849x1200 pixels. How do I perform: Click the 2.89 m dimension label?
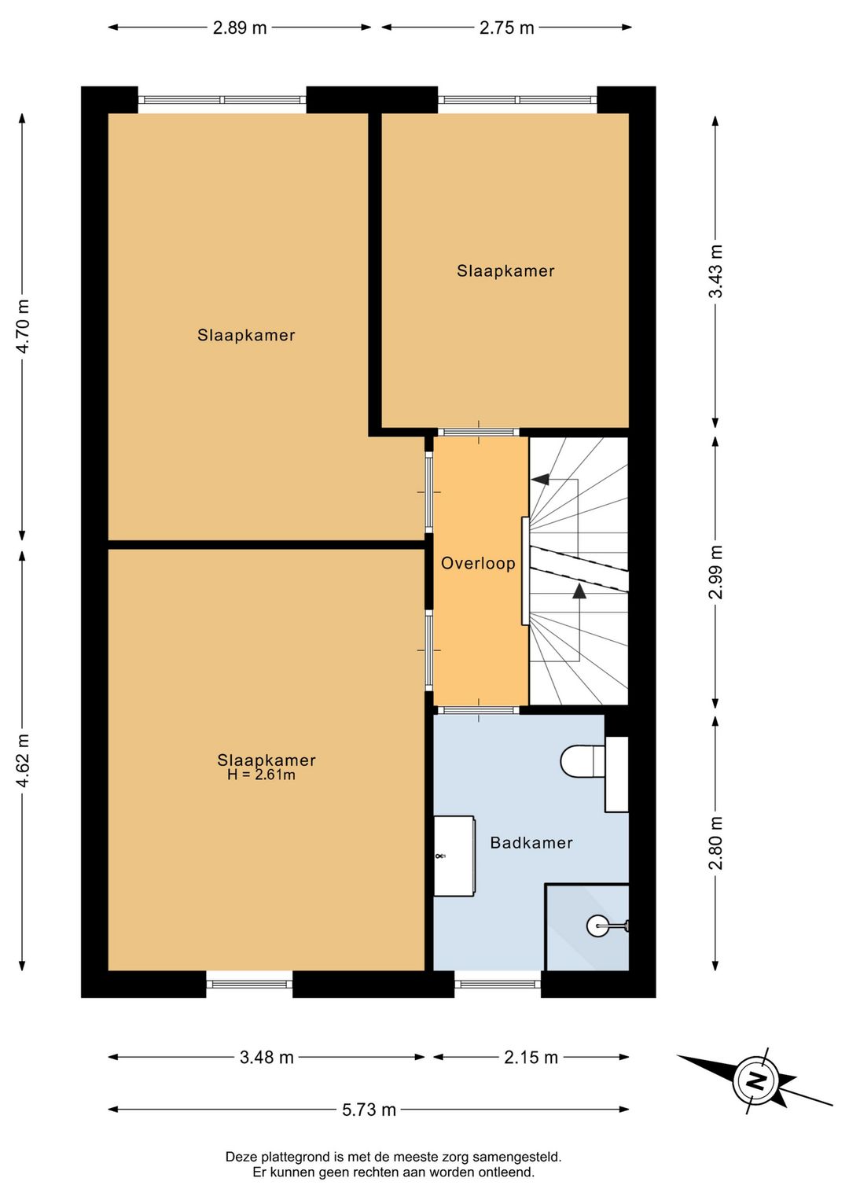click(x=240, y=28)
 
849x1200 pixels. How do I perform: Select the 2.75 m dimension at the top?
click(x=506, y=28)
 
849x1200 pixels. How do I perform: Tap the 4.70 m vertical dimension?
click(x=23, y=326)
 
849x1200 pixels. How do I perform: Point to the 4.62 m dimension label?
click(x=23, y=760)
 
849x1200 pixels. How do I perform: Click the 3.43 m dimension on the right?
click(x=715, y=271)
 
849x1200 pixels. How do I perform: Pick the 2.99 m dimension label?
click(x=715, y=572)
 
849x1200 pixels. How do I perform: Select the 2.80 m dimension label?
click(x=715, y=843)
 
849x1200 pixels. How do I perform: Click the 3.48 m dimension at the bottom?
click(x=266, y=1058)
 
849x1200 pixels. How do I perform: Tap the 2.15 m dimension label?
click(x=531, y=1058)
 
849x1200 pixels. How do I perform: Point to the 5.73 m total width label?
click(x=369, y=1110)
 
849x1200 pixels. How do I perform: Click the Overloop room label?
click(x=478, y=564)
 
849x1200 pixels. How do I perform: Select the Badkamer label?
click(x=531, y=843)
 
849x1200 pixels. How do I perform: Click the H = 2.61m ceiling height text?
click(x=261, y=775)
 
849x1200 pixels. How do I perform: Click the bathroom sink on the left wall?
click(x=454, y=856)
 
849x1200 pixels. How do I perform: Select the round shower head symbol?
click(x=597, y=926)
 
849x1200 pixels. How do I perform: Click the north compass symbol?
click(x=755, y=1080)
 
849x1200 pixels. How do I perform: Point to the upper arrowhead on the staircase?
click(x=539, y=479)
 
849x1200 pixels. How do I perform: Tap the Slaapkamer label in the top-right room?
click(x=505, y=271)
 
